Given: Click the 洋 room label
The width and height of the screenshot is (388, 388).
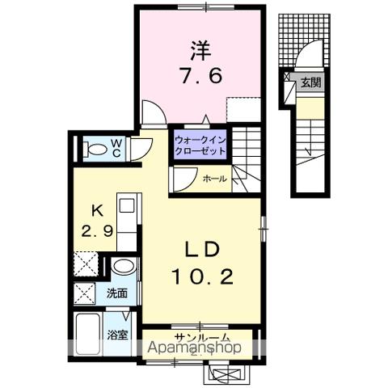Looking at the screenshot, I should click(x=201, y=50).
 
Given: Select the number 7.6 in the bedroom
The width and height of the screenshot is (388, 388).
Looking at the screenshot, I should click(x=201, y=78).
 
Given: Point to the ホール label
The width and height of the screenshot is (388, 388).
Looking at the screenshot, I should click(x=214, y=179).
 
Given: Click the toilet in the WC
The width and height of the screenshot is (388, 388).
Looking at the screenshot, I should click(x=95, y=149).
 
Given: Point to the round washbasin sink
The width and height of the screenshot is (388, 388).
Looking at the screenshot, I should click(x=123, y=267).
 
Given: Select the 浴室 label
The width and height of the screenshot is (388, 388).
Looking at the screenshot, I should click(x=117, y=335).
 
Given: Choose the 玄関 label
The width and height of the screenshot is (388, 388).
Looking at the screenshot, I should click(x=310, y=82).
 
